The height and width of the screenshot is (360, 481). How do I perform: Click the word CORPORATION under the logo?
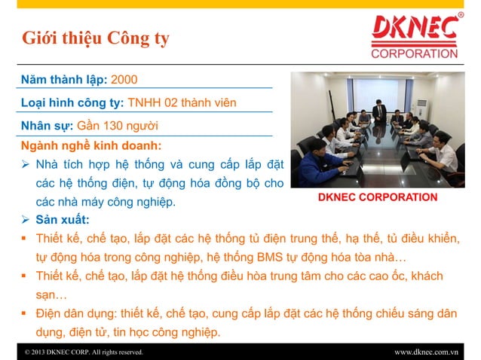pyautogui.click(x=414, y=53)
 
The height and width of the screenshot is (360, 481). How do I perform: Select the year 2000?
pyautogui.click(x=124, y=79)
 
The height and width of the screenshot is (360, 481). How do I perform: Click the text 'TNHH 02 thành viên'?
pyautogui.click(x=183, y=102)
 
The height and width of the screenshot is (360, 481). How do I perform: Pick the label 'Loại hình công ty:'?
pyautogui.click(x=73, y=102)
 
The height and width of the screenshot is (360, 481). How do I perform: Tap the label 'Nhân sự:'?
pyautogui.click(x=47, y=124)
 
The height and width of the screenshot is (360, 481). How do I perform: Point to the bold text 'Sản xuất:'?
pyautogui.click(x=63, y=220)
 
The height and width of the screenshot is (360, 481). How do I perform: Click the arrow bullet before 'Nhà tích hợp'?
pyautogui.click(x=26, y=163)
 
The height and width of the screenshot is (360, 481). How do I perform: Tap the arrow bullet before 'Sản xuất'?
pyautogui.click(x=26, y=220)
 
